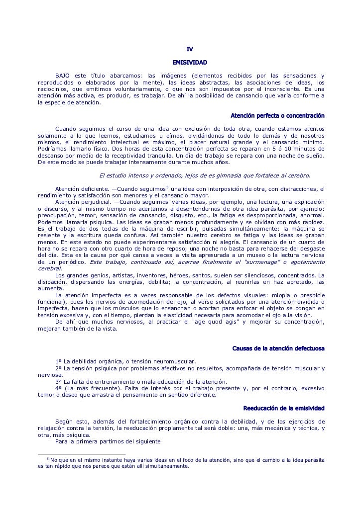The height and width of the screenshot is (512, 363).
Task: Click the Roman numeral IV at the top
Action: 190,49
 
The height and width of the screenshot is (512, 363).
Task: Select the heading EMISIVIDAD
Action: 190,63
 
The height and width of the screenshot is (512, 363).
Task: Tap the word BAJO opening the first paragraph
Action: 63,75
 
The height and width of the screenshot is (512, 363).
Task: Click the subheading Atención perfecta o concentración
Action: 278,116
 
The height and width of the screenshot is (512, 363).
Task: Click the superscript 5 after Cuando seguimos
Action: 167,187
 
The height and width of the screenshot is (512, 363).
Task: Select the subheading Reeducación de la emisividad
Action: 284,409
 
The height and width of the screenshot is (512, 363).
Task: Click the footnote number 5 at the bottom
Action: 47,459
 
